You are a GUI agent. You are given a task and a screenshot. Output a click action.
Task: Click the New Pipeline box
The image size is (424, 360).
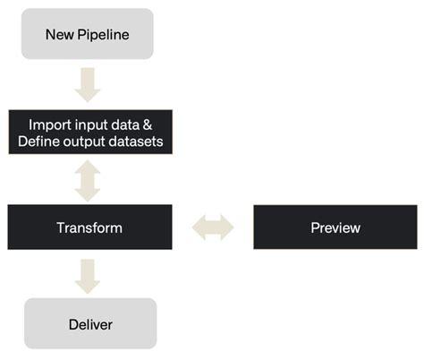[x=89, y=34]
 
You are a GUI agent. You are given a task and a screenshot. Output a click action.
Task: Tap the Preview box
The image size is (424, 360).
[x=335, y=227]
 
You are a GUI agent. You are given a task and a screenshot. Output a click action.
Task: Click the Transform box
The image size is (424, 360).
[x=89, y=227]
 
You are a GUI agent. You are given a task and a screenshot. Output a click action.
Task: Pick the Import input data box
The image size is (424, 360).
[x=89, y=132]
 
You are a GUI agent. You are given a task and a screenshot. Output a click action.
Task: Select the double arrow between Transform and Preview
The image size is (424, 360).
[x=213, y=227]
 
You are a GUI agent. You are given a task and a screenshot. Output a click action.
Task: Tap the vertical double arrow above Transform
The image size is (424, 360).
[x=89, y=180]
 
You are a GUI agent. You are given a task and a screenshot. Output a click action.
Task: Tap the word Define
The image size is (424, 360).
[x=40, y=141]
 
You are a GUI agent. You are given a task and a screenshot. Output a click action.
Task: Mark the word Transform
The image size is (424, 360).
[x=89, y=227]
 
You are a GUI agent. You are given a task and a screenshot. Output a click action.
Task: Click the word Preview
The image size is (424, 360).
[x=335, y=227]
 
